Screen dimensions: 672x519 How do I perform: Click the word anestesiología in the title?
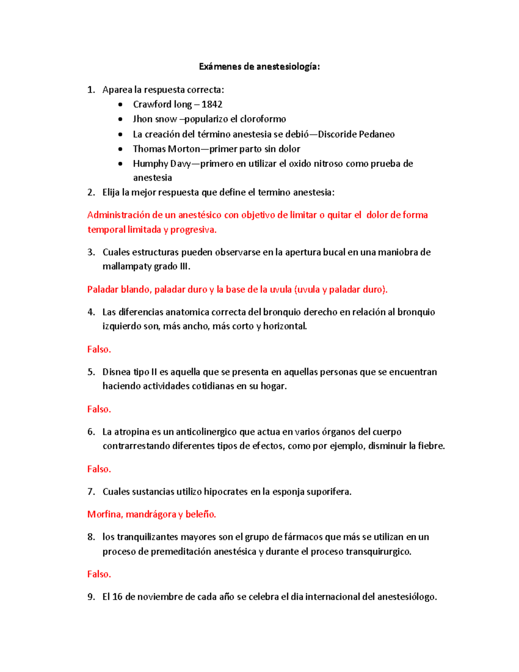pos(288,67)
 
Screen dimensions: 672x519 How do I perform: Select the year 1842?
pos(212,104)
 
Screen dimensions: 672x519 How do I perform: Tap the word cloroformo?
pos(263,119)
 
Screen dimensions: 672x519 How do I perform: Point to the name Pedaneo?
pos(377,134)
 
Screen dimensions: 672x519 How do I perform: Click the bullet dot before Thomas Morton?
pos(121,149)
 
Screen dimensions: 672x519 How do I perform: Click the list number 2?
pos(91,193)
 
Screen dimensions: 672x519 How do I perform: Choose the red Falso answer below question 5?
pos(99,409)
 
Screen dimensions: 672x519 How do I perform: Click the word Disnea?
pos(117,372)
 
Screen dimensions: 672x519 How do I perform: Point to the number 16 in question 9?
pos(117,597)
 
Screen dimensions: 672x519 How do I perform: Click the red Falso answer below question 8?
pos(99,574)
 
